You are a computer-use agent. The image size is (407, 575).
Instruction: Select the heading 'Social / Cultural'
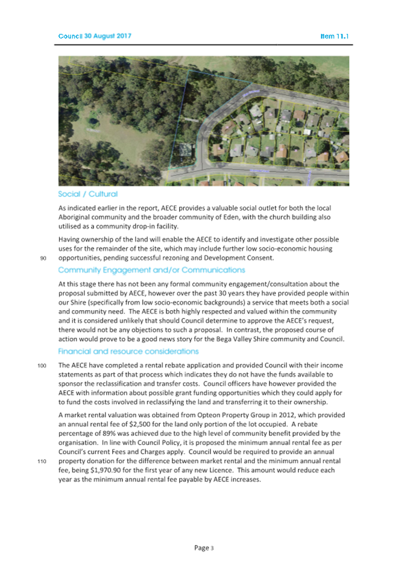click(x=87, y=194)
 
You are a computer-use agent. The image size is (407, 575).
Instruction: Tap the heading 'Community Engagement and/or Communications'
click(x=151, y=270)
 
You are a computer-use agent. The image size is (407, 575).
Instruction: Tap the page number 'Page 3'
click(x=203, y=548)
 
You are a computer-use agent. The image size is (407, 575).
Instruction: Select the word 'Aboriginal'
click(x=77, y=216)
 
